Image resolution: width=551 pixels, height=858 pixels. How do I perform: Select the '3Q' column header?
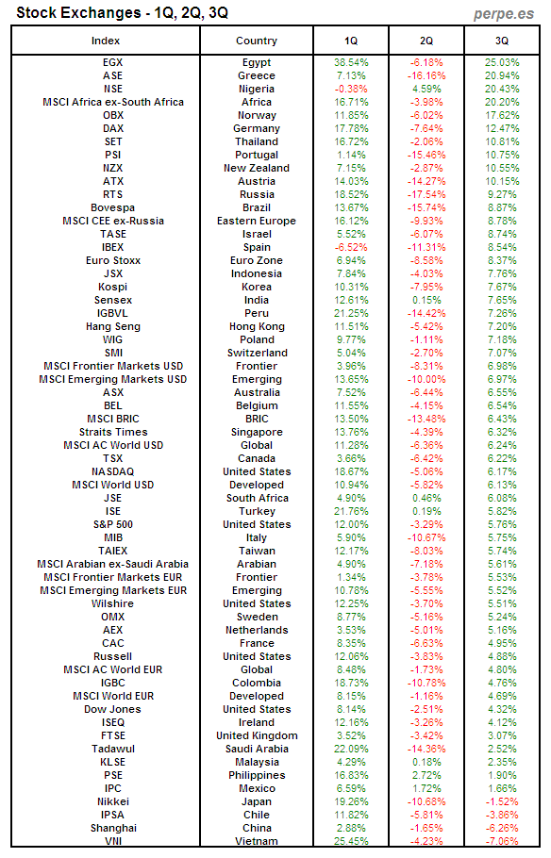(502, 41)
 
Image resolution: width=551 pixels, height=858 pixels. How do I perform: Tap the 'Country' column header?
(257, 41)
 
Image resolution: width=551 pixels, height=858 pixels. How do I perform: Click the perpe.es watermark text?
(508, 13)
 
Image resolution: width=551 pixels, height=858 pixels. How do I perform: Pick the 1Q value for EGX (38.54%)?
(351, 62)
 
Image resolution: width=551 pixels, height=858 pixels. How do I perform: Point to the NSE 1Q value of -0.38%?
(351, 89)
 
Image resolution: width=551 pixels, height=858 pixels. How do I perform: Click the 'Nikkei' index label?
(112, 801)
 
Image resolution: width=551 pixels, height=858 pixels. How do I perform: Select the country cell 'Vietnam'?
(257, 841)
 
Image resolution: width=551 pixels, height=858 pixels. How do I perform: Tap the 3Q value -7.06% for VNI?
(502, 841)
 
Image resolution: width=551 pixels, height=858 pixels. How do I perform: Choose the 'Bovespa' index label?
(112, 207)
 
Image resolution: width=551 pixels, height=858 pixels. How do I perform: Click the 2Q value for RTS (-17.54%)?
(426, 194)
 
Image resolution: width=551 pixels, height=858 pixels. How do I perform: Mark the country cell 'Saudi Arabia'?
(257, 749)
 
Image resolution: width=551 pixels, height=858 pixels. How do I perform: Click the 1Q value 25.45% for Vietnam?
(351, 841)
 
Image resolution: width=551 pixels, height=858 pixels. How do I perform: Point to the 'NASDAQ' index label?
(112, 471)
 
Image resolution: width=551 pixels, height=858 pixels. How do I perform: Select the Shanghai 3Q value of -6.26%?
(502, 828)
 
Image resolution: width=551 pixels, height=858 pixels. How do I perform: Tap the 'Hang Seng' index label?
(112, 326)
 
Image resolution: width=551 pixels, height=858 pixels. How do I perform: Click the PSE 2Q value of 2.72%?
(426, 775)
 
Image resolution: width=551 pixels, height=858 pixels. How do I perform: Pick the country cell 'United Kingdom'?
(257, 735)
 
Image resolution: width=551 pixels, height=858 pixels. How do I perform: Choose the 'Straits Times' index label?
(112, 432)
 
